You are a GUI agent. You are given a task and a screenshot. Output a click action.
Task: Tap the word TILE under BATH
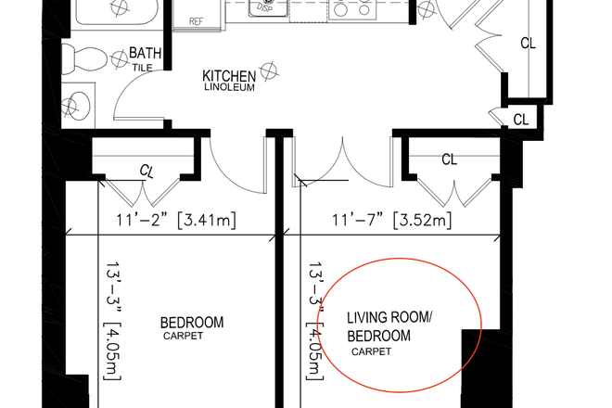[141, 67]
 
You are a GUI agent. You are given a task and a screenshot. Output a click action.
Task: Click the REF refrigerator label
[196, 20]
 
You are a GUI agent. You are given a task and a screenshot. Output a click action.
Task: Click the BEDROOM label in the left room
[192, 323]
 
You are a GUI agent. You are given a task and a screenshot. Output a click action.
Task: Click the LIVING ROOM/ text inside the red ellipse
[389, 319]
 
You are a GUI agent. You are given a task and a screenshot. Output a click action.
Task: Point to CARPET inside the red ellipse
[372, 351]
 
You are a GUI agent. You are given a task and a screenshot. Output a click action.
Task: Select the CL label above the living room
[449, 159]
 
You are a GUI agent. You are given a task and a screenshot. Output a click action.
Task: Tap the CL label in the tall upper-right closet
[527, 43]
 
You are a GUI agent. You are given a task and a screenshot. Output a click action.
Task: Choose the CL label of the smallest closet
[520, 120]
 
